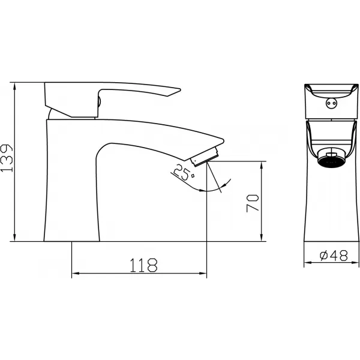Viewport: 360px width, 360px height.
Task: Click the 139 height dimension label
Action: pos(7,158)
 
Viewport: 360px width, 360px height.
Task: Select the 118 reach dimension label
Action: pos(144,265)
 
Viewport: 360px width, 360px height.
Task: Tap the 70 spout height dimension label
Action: pos(253,203)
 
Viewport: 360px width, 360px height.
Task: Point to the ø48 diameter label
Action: pos(334,255)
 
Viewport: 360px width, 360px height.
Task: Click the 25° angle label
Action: pos(184,172)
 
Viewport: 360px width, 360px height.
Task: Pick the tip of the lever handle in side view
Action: pos(180,89)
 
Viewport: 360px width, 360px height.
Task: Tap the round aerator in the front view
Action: pos(331,158)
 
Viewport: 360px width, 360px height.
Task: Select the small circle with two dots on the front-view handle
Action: pos(332,103)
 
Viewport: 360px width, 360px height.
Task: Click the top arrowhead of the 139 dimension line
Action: pos(14,86)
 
